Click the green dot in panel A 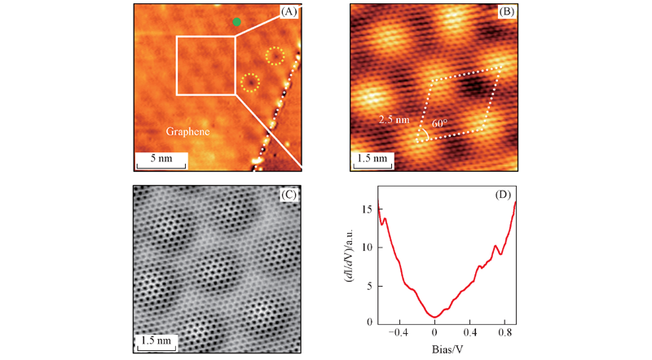237,22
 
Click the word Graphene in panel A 188,131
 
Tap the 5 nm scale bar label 161,157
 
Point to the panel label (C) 288,195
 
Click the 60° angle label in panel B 439,123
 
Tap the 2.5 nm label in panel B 393,119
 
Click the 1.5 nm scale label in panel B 372,158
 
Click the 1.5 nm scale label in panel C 155,340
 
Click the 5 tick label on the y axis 368,285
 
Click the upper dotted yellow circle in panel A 275,56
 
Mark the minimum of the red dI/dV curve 436,317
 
